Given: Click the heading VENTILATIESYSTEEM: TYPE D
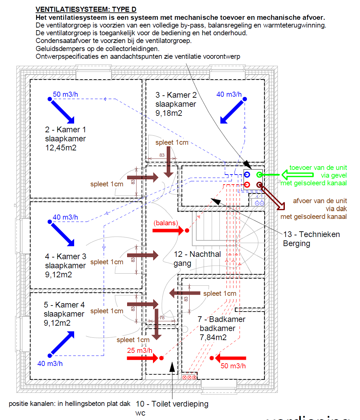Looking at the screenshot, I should pyautogui.click(x=86, y=9).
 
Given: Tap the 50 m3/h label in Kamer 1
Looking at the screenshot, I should pyautogui.click(x=65, y=94).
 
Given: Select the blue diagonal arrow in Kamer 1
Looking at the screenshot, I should pyautogui.click(x=62, y=111).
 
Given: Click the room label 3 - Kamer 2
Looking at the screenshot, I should pyautogui.click(x=176, y=95).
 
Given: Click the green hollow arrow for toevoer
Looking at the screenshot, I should pyautogui.click(x=297, y=175).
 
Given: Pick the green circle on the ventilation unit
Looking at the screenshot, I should pyautogui.click(x=259, y=175).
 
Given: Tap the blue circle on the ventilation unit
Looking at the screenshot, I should pyautogui.click(x=247, y=175).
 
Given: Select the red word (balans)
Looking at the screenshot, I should pyautogui.click(x=166, y=223).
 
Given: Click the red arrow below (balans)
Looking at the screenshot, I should pyautogui.click(x=168, y=230).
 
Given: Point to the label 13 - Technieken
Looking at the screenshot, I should pyautogui.click(x=311, y=234).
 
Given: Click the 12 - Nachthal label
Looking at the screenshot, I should pyautogui.click(x=197, y=254).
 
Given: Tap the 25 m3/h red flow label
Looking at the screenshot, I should pyautogui.click(x=140, y=351).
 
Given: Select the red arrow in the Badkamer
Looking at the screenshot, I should pyautogui.click(x=231, y=358).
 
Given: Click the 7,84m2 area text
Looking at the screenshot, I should pyautogui.click(x=213, y=337).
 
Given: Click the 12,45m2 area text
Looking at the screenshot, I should pyautogui.click(x=61, y=148).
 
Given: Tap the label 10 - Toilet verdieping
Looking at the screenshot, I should pyautogui.click(x=172, y=404).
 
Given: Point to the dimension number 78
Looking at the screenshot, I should pyautogui.click(x=162, y=318).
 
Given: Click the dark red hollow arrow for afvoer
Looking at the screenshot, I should pyautogui.click(x=273, y=198).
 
